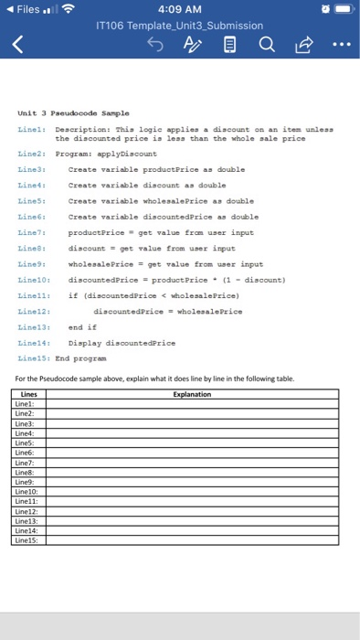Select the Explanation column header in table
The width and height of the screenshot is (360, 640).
[x=191, y=394]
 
